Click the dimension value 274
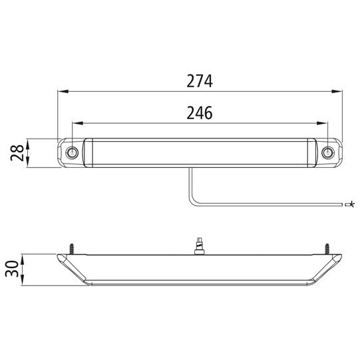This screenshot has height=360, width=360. [200, 81]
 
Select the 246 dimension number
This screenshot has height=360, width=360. [200, 113]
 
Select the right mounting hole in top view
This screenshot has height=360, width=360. [327, 153]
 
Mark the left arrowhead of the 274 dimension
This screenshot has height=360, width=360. [62, 91]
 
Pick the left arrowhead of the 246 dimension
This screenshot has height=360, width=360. [75, 122]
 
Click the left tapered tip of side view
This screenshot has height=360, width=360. [59, 258]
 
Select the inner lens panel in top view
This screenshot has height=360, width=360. [200, 153]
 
